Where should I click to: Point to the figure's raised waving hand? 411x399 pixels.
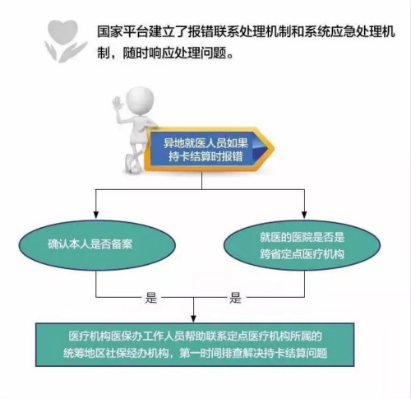pos(118,104)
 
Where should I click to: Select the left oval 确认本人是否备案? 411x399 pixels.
pos(97,244)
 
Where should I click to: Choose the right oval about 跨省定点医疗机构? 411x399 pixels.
pos(302,245)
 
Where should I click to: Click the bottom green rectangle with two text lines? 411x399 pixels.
pos(195,345)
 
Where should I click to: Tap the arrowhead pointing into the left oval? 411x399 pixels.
pos(96,215)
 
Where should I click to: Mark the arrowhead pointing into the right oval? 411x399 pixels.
pos(304,215)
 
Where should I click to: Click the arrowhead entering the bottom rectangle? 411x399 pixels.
pos(194,318)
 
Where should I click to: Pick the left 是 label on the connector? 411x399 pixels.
pos(151,298)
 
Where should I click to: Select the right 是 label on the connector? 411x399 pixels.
pos(235,298)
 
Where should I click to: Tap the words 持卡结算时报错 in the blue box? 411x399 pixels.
pos(205,156)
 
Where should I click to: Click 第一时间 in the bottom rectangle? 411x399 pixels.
pos(201,353)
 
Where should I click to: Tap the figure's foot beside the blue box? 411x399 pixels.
pos(132,164)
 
